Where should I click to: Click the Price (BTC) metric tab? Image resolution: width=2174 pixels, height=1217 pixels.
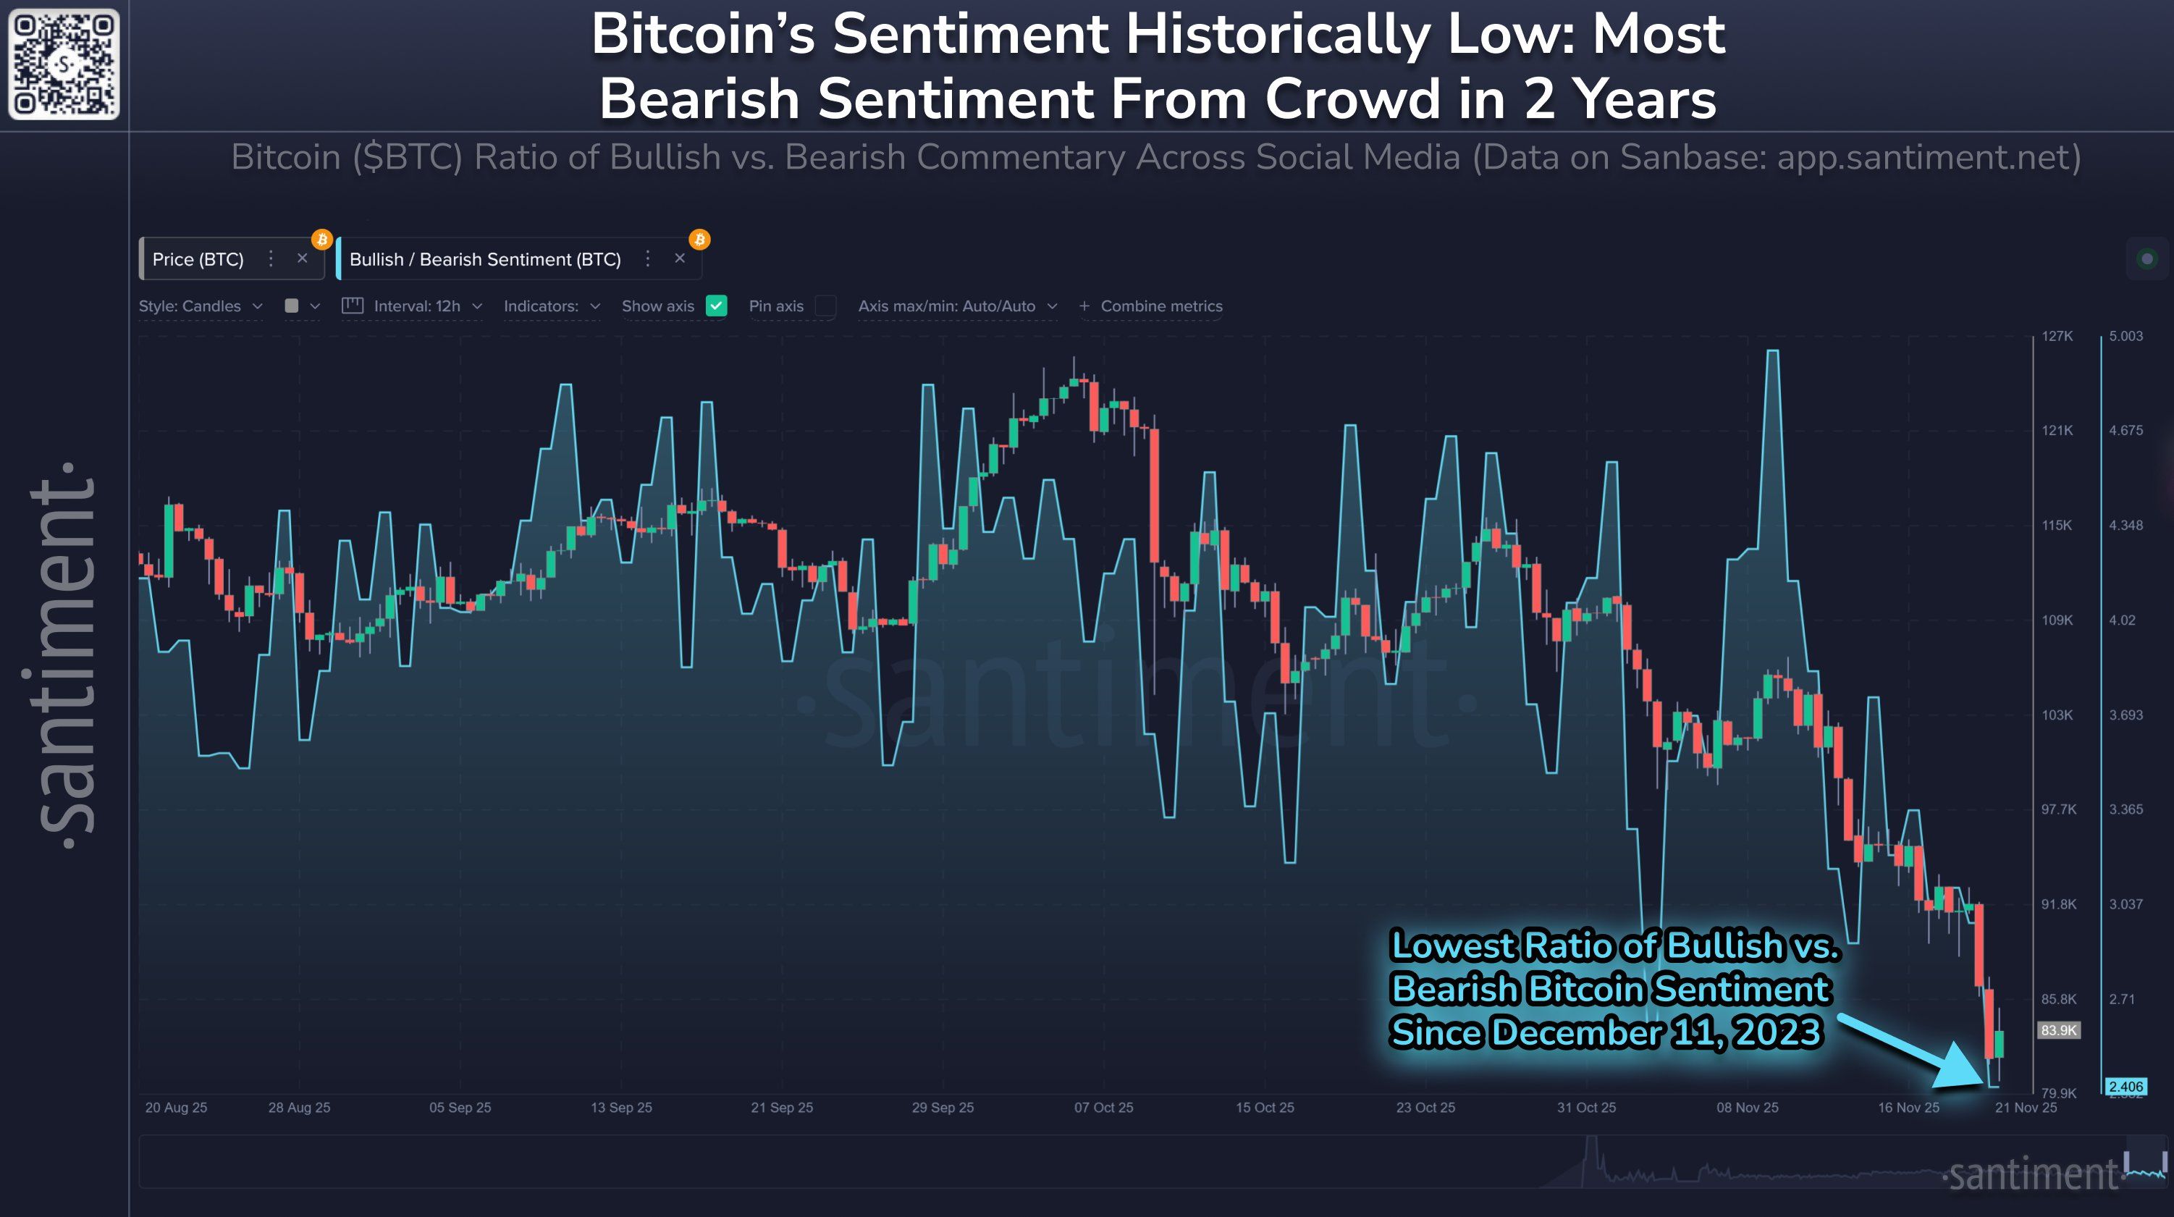pos(198,259)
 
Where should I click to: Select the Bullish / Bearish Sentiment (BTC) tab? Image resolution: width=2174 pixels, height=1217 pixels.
pos(484,259)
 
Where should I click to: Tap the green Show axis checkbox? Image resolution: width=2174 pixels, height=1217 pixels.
pos(716,306)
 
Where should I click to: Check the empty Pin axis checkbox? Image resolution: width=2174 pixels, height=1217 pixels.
pos(825,306)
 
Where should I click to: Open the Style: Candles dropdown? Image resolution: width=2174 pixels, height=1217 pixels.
pos(200,306)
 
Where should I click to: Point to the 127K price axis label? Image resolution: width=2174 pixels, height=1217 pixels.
pos(2057,336)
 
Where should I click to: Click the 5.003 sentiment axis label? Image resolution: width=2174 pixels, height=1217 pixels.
pos(2125,336)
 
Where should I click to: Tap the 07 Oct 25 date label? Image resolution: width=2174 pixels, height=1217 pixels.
pos(1103,1107)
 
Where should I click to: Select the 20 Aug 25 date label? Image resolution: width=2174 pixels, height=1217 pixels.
pos(175,1107)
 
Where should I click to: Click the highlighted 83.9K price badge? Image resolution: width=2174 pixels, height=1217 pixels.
pos(2058,1029)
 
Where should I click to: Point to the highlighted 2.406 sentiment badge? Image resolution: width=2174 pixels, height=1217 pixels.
pos(2125,1086)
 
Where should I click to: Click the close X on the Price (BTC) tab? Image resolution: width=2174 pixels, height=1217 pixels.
pos(302,258)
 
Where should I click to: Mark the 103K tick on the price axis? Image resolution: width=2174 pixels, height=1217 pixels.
pos(2057,715)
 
